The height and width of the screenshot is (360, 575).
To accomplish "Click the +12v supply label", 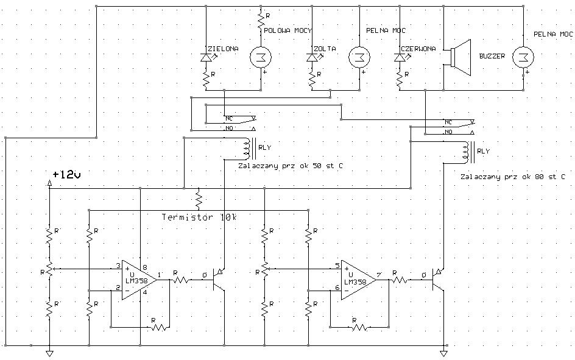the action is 67,174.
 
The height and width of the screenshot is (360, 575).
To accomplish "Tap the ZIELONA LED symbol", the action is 206,57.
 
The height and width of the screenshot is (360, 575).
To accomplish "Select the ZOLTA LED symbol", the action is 312,57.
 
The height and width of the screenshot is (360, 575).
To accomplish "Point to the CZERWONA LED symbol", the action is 400,57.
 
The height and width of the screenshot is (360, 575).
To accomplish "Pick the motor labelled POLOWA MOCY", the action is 261,57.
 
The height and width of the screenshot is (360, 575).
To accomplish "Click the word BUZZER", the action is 492,56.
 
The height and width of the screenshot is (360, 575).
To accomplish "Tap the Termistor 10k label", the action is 199,217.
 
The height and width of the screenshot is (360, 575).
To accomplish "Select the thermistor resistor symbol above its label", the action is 199,199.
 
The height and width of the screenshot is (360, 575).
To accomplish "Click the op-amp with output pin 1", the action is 139,280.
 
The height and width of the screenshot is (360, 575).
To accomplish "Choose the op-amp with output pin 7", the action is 359,280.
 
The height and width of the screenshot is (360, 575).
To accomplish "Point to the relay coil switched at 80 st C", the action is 468,152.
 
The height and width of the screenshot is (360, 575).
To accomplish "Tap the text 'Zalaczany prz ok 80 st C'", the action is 513,177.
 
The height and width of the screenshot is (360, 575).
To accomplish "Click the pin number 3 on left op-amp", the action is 118,266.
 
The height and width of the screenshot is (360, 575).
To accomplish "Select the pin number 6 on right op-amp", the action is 337,288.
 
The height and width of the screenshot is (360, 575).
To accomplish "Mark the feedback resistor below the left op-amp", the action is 158,326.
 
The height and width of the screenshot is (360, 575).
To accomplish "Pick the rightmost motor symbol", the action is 523,57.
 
